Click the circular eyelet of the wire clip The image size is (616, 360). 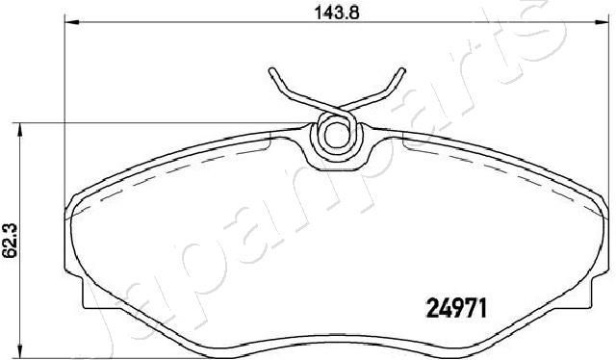pos(335,133)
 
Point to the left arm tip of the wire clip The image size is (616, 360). pos(273,69)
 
